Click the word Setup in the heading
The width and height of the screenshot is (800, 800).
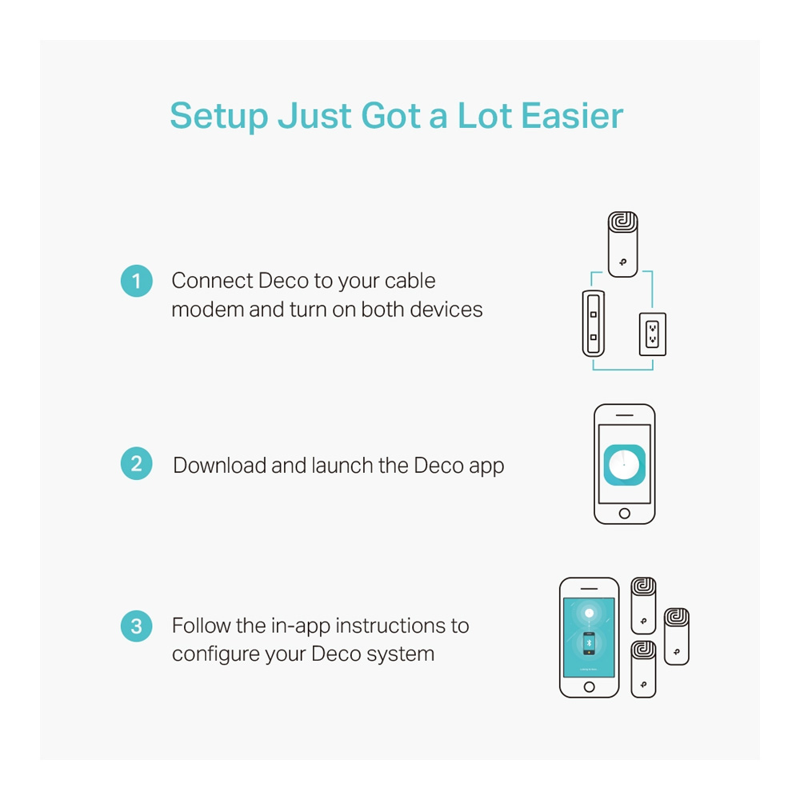pyautogui.click(x=219, y=117)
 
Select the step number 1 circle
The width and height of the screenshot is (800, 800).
pyautogui.click(x=136, y=281)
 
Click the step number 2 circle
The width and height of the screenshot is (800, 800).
pyautogui.click(x=136, y=463)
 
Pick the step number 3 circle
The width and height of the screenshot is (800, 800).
pyautogui.click(x=136, y=626)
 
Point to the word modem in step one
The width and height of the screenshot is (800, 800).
pyautogui.click(x=208, y=310)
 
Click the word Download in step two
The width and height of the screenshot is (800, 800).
pyautogui.click(x=219, y=466)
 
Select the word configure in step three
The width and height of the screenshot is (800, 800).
pyautogui.click(x=214, y=654)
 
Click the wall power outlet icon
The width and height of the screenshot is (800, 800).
pyautogui.click(x=653, y=334)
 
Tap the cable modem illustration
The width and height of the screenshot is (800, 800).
pyautogui.click(x=594, y=323)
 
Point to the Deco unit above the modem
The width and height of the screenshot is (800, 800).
pyautogui.click(x=623, y=244)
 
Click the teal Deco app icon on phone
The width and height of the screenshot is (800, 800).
pyautogui.click(x=625, y=465)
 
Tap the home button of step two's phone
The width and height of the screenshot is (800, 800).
pyautogui.click(x=625, y=514)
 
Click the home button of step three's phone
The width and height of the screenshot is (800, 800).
pyautogui.click(x=590, y=686)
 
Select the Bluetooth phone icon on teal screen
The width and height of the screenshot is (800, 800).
pyautogui.click(x=589, y=643)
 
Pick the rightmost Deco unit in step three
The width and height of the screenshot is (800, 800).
pyautogui.click(x=677, y=637)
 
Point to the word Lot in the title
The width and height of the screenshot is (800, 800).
pyautogui.click(x=485, y=116)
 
